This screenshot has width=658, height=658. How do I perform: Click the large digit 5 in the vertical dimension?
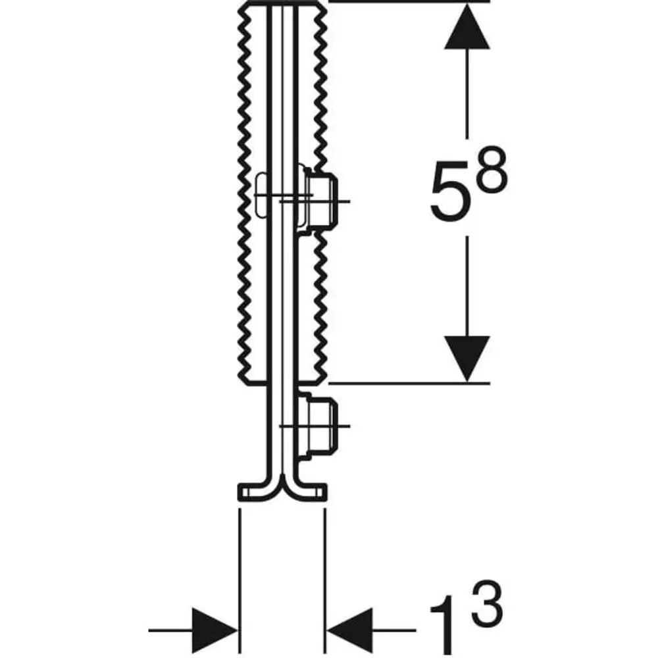tap(449, 191)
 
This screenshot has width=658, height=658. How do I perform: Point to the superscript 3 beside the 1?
tap(487, 602)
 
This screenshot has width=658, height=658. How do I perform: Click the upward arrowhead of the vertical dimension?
tap(467, 26)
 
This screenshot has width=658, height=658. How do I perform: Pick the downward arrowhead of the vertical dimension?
tap(467, 359)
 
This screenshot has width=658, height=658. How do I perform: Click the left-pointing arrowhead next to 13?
tap(350, 630)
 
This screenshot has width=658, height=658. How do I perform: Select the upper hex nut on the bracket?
tap(322, 201)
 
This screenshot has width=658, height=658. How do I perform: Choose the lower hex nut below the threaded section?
tap(322, 426)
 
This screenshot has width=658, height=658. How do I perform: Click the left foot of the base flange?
tap(252, 492)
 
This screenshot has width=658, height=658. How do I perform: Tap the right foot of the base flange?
tap(312, 492)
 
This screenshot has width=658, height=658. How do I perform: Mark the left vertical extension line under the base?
tap(240, 581)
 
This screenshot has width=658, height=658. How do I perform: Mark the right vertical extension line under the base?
tap(325, 581)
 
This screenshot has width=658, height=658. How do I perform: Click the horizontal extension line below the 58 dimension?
tap(409, 383)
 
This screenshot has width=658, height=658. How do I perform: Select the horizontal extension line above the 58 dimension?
tap(409, 1)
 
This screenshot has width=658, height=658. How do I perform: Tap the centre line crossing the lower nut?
tap(315, 426)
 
